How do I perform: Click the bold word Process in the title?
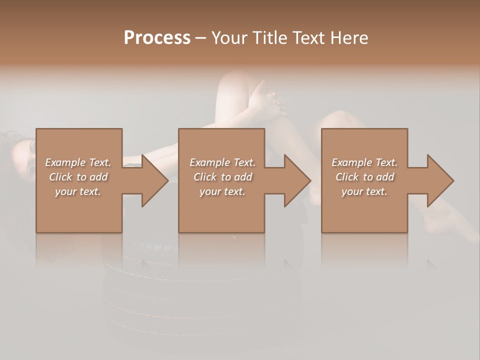coord(157,38)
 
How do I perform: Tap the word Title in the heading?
coord(269,38)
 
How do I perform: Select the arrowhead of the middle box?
coord(296,180)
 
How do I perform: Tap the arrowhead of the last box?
coord(439,180)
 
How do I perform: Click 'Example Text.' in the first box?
coord(78,162)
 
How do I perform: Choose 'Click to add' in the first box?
coord(78,177)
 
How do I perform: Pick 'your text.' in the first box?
coord(78,191)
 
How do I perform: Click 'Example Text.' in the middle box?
coord(222,162)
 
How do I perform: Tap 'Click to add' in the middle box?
coord(222,177)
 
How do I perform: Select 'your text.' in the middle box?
coord(222,191)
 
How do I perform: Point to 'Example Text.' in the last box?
coord(364,162)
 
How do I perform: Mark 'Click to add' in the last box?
coord(364,177)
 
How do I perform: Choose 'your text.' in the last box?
coord(364,191)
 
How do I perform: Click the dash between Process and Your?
coord(201,38)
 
